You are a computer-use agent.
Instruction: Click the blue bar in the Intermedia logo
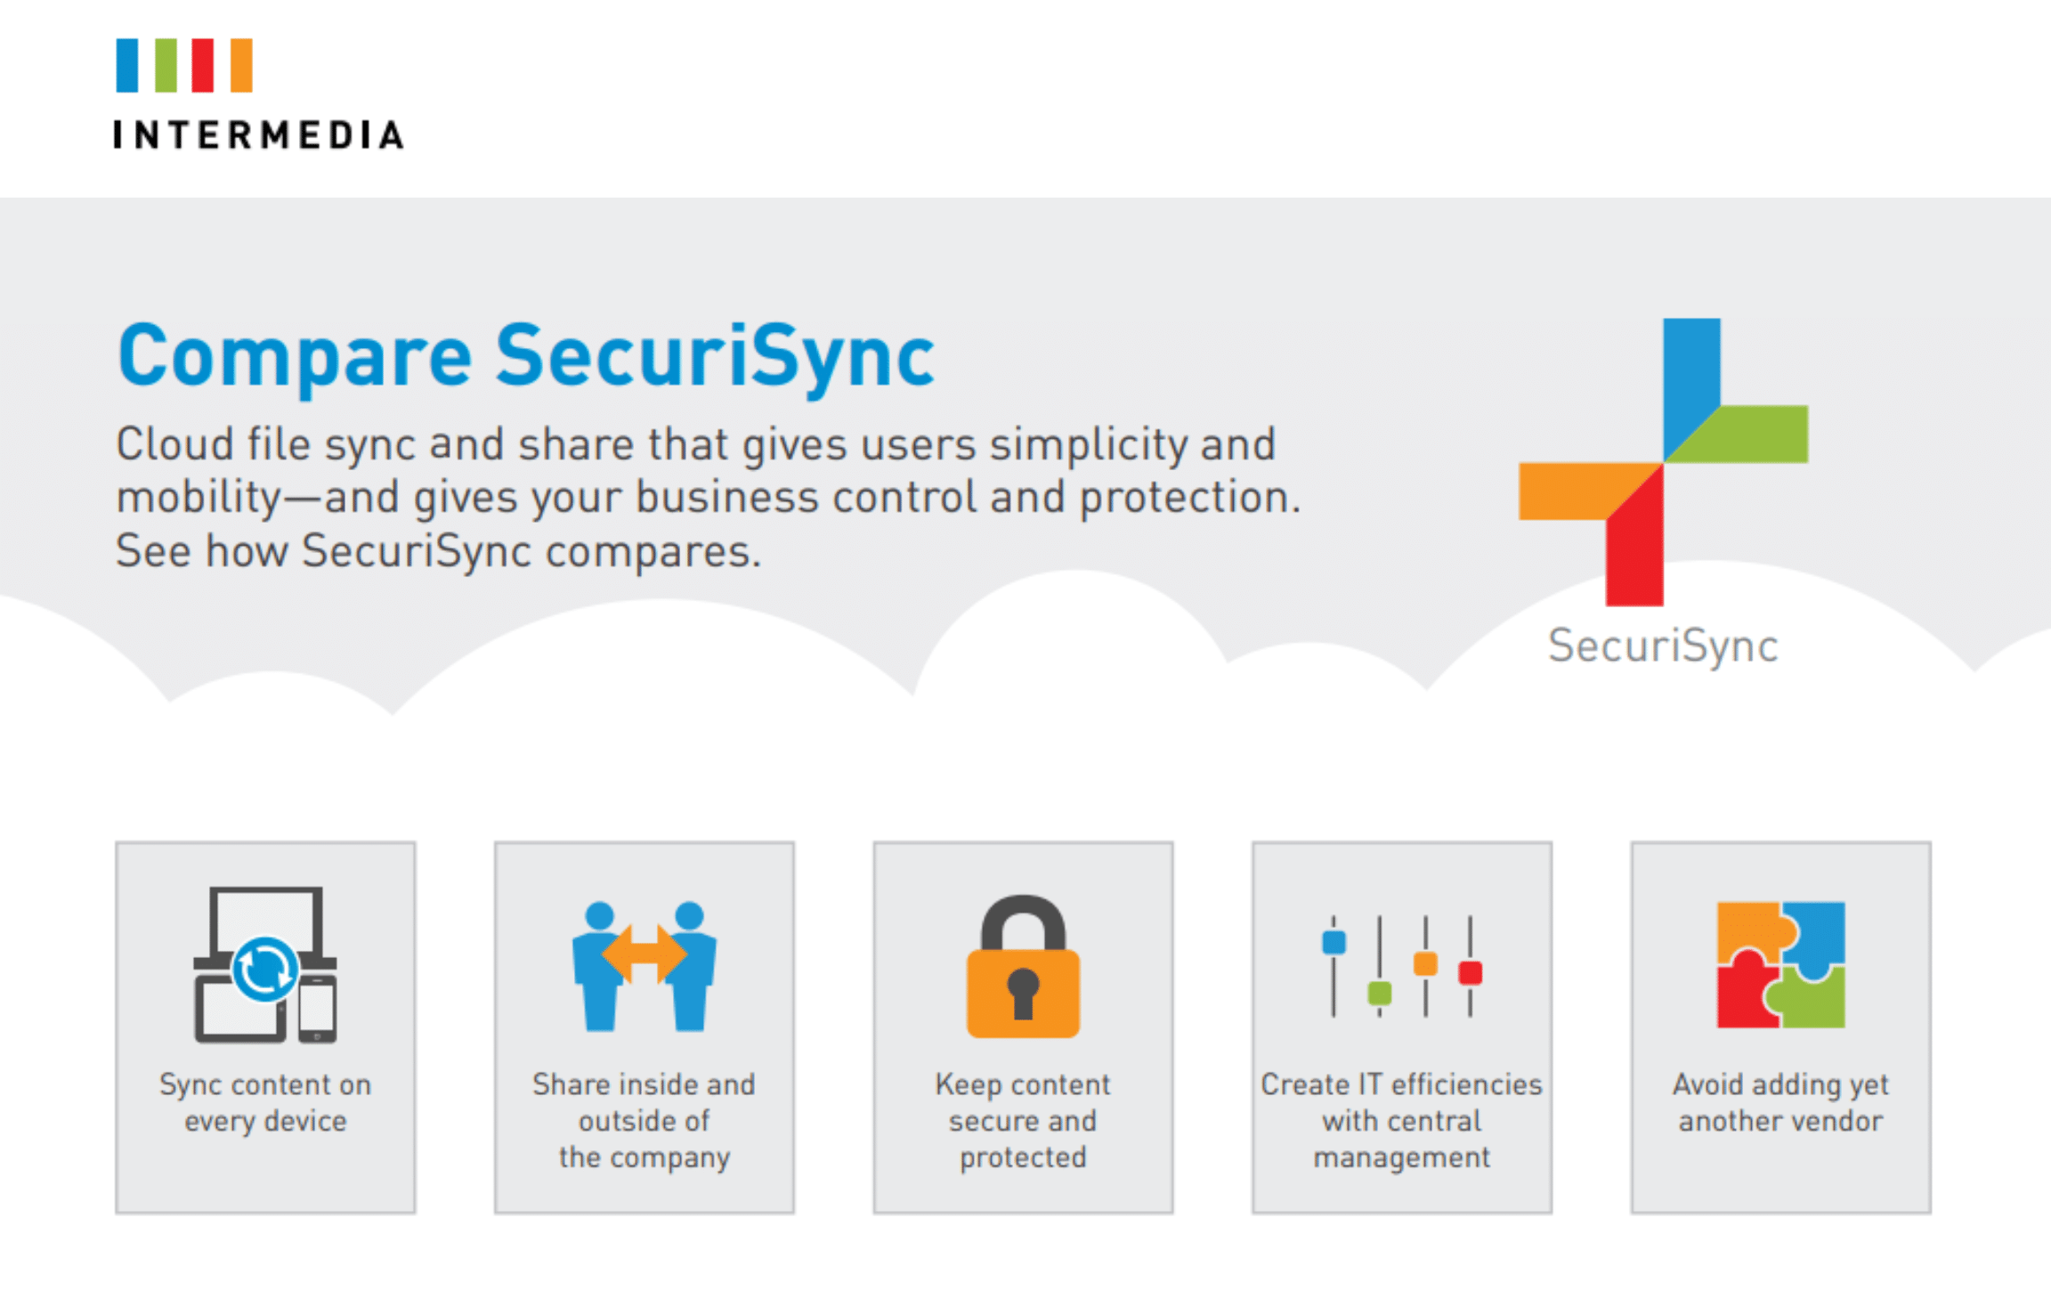coord(127,65)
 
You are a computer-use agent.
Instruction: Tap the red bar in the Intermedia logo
coord(203,65)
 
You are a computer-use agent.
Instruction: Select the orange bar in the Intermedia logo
coord(241,65)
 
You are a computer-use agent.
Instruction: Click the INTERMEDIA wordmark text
coord(258,135)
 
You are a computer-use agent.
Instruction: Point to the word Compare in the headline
coord(295,356)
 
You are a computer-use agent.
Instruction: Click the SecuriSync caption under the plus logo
coord(1663,646)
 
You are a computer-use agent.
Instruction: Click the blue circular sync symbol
coord(264,969)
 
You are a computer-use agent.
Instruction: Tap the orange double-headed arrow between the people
coord(644,954)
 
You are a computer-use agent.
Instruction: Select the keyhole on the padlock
coord(1023,993)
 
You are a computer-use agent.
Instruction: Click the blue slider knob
coord(1334,942)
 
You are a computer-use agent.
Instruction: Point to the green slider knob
coord(1380,993)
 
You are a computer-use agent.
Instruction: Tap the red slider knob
coord(1471,972)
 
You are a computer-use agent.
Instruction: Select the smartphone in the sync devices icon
coord(318,1009)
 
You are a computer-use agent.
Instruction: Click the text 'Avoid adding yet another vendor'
coord(1780,1102)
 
